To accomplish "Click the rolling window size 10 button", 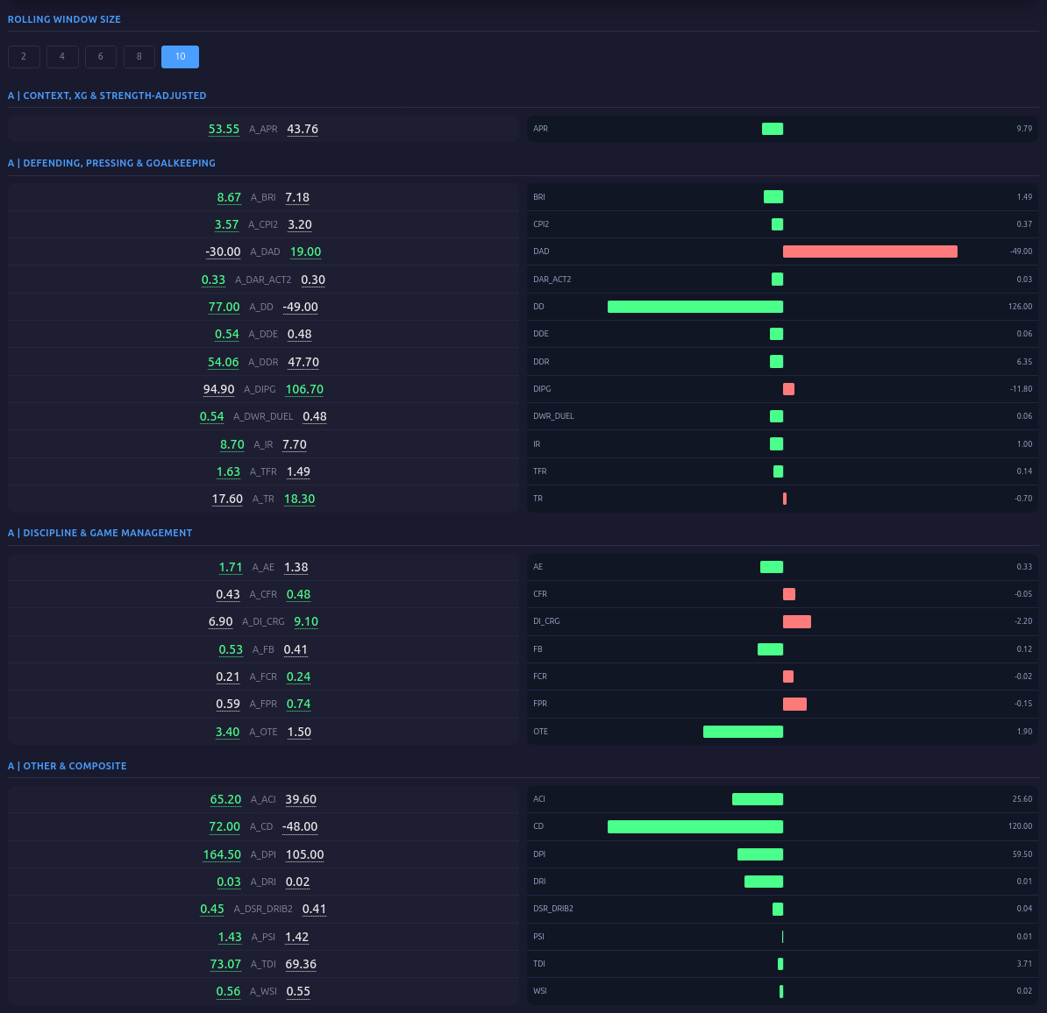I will point(180,57).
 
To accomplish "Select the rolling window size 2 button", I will point(24,57).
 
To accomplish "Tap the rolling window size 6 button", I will point(101,57).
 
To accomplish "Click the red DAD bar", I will point(870,251).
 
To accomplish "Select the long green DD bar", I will point(695,307).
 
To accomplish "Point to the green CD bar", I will point(695,826).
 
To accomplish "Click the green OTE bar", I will point(743,732).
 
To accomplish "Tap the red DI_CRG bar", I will point(797,621).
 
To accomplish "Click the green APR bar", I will point(773,129).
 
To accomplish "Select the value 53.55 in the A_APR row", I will point(224,129).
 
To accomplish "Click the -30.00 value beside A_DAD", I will point(223,251).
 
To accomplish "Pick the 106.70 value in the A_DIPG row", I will point(304,389).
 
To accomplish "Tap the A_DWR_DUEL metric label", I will point(263,416).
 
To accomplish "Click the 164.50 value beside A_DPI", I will point(222,854).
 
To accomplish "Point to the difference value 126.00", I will point(1020,307).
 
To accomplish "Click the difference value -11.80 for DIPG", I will point(1021,389).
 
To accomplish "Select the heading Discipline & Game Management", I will point(100,533).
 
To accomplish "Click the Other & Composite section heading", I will point(68,766).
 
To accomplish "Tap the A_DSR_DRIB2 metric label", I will point(263,909).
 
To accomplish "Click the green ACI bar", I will point(758,799).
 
